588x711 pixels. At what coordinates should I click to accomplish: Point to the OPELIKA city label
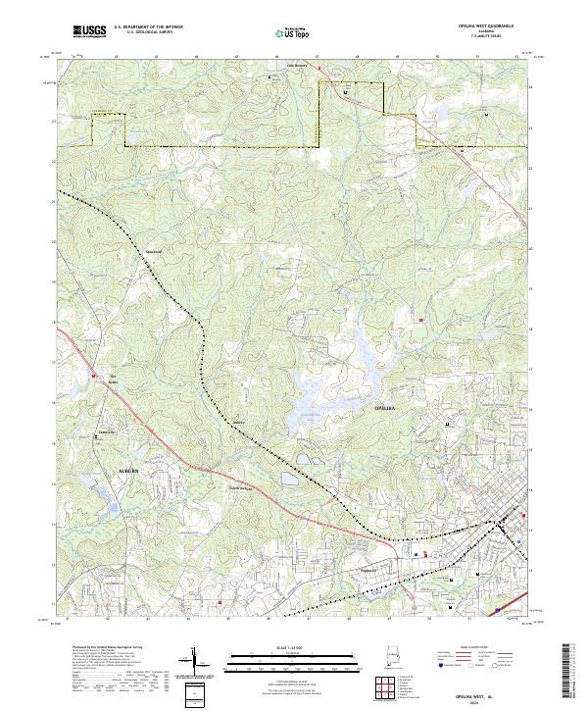(x=386, y=406)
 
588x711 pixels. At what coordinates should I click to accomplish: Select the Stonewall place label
(x=153, y=249)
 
